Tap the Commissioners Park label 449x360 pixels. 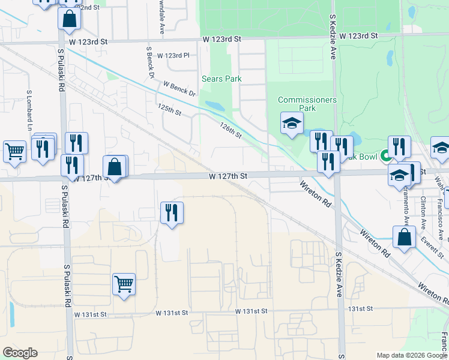coord(307,104)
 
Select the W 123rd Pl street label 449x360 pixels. coord(173,55)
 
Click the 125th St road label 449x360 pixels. coord(169,109)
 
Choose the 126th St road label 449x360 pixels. coord(231,130)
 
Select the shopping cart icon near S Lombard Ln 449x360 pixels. coord(14,152)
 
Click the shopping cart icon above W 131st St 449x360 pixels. coord(124,284)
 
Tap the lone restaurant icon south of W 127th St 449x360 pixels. coord(172,212)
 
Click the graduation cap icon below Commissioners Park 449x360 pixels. coord(292,124)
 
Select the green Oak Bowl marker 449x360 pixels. coord(385,157)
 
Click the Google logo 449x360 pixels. coord(20,353)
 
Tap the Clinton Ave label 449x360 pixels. coord(424,207)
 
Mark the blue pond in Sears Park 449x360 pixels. coord(215,106)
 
